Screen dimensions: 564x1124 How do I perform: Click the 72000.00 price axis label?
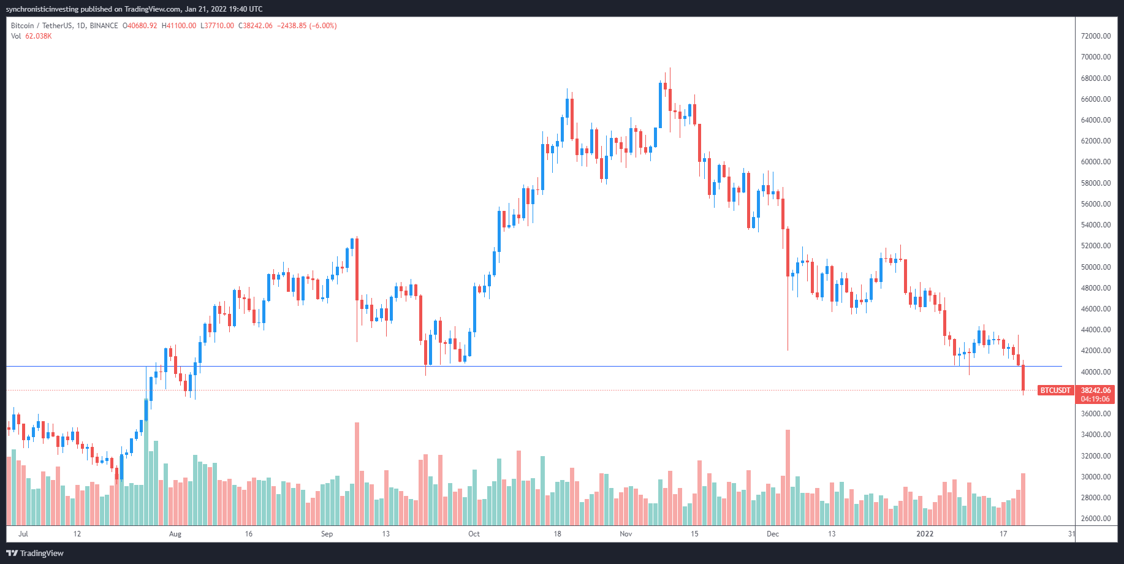[x=1096, y=36]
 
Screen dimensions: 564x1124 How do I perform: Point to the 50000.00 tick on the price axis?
[x=1096, y=267]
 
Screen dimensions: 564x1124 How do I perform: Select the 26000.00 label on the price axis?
[x=1096, y=519]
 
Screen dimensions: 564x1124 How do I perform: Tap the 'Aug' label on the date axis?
[x=175, y=534]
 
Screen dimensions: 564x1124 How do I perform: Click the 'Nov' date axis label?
[x=626, y=534]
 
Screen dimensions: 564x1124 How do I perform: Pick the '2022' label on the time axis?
[x=925, y=534]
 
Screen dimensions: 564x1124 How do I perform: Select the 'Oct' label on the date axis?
[x=474, y=534]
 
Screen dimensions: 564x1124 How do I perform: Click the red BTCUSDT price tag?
[x=1055, y=391]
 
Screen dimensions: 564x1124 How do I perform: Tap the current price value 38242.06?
[x=1096, y=391]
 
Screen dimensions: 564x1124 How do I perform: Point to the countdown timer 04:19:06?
[x=1096, y=399]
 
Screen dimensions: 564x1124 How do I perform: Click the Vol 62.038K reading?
[x=31, y=36]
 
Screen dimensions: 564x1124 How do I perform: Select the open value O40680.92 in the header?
[x=140, y=26]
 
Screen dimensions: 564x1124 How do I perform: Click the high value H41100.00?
[x=179, y=26]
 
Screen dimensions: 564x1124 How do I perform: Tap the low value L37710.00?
[x=217, y=26]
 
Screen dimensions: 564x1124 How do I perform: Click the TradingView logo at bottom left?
[x=35, y=553]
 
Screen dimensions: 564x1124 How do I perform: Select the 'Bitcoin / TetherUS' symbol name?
[x=42, y=26]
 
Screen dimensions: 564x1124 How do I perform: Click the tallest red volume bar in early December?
[x=788, y=478]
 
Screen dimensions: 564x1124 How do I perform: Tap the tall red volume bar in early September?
[x=357, y=474]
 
